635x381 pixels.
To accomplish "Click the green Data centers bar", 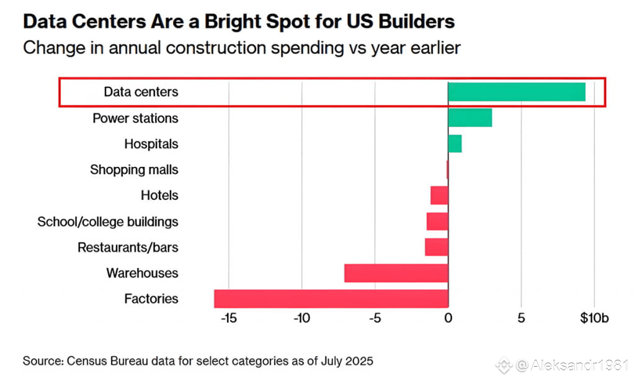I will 516,92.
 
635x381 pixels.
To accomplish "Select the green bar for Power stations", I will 469,118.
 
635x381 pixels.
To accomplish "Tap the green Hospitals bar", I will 455,144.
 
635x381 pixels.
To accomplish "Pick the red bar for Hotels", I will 439,195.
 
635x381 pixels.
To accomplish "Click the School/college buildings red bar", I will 437,222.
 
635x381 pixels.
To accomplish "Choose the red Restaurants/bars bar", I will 437,247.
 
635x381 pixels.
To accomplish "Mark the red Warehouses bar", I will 396,273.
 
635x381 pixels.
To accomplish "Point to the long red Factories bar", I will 331,298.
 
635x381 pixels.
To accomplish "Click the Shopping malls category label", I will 134,169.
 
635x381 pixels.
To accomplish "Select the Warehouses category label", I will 142,273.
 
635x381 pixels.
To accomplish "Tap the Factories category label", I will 151,298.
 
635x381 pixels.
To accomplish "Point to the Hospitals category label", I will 151,144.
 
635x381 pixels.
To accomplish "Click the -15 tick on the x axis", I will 228,318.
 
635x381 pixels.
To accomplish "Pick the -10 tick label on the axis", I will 301,318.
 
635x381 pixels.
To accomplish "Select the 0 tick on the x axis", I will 448,318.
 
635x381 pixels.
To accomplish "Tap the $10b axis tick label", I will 594,318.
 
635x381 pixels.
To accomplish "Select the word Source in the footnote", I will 42,361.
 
